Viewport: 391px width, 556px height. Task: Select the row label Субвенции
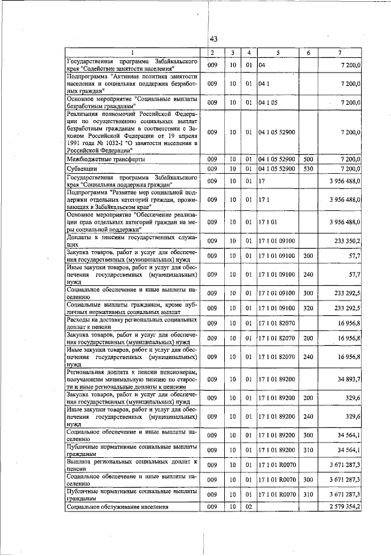(x=81, y=168)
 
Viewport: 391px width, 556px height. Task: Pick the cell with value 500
(x=308, y=159)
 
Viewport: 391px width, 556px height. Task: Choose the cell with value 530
(x=308, y=168)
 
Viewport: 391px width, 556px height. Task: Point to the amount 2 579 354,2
(x=342, y=507)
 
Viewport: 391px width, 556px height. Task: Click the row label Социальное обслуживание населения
(x=117, y=507)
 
